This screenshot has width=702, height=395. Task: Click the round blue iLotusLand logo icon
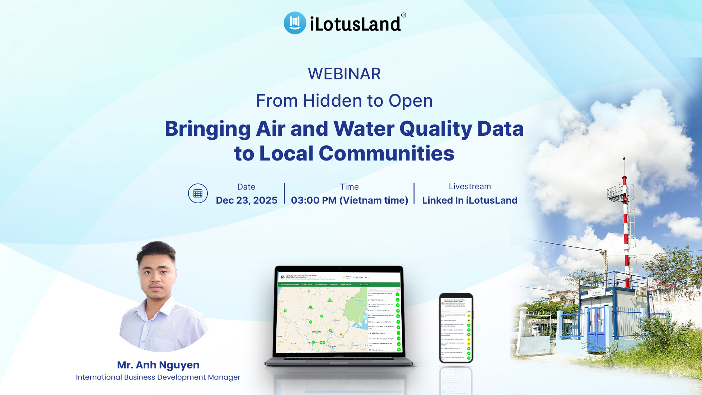295,23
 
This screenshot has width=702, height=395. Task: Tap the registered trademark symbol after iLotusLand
403,15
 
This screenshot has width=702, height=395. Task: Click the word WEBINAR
344,74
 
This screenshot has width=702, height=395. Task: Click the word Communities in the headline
386,153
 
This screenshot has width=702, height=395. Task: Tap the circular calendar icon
198,194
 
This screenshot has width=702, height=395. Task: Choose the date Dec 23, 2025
247,200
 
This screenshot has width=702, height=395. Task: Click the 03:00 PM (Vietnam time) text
349,200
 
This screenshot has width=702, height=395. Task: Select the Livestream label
469,186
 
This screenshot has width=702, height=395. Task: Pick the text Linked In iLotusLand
469,200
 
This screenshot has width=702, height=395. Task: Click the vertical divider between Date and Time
285,194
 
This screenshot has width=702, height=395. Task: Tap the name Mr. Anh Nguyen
158,365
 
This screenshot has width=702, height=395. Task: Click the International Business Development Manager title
158,377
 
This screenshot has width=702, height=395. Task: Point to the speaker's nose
157,280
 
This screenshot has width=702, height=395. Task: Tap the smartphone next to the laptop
456,327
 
